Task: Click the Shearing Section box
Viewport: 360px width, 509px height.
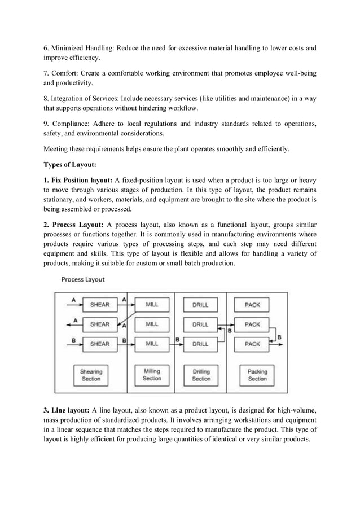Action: [91, 375]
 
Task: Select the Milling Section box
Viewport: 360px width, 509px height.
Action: [152, 375]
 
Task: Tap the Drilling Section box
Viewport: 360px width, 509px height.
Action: [201, 375]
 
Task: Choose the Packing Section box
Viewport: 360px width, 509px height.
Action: [257, 375]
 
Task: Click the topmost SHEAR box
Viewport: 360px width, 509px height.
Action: [100, 305]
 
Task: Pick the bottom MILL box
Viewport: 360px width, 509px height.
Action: [152, 344]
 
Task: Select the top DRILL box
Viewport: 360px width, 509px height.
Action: [200, 305]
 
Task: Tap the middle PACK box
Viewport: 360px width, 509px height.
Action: [252, 324]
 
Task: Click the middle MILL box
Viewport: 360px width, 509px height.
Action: [152, 324]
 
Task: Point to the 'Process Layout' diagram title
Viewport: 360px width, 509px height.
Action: [82, 279]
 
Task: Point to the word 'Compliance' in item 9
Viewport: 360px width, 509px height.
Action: [70, 124]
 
